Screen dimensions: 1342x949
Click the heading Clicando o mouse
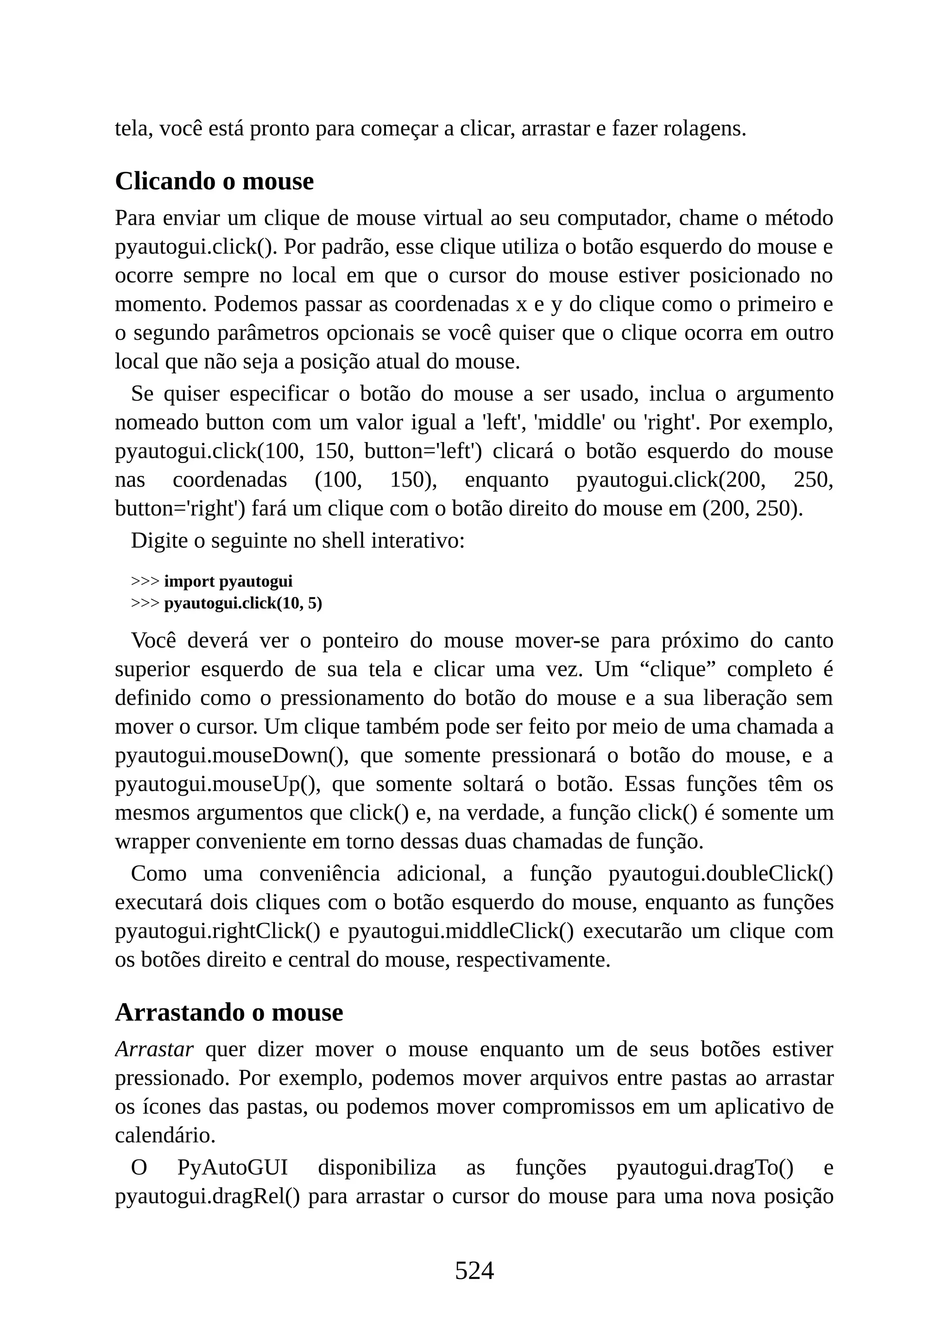pos(214,181)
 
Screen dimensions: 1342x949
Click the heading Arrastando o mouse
pos(228,1013)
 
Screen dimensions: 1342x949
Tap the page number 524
pos(474,1271)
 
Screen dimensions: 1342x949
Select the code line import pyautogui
pos(228,582)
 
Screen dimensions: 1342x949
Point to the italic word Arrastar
pos(154,1050)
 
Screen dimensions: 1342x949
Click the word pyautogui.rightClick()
pos(217,931)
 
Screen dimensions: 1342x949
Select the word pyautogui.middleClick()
pos(461,931)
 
